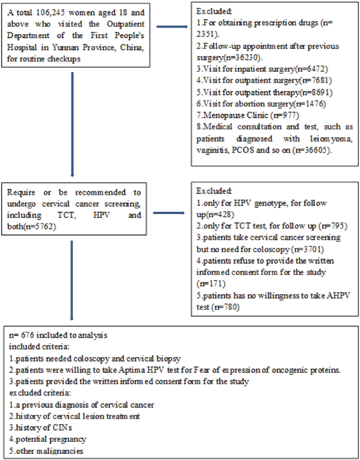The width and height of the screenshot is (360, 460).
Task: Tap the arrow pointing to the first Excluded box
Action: pyautogui.click(x=172, y=27)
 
